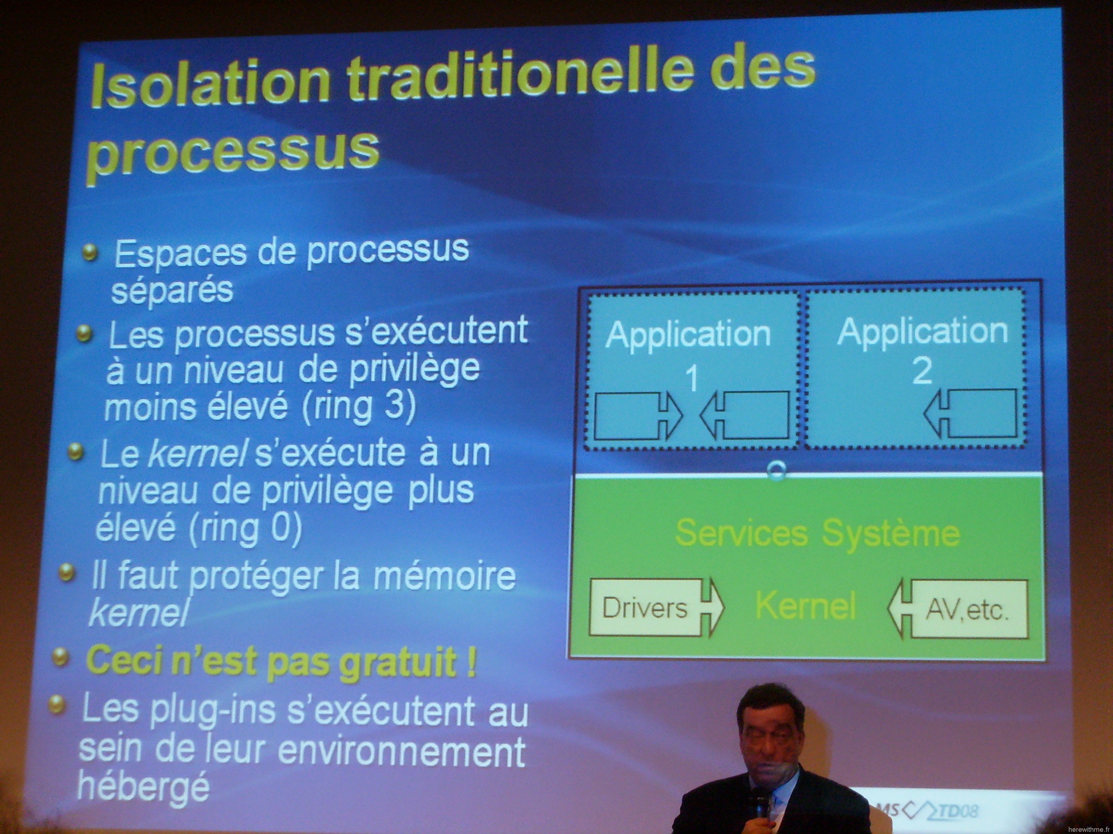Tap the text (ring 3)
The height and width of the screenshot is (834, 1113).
[x=359, y=406]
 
